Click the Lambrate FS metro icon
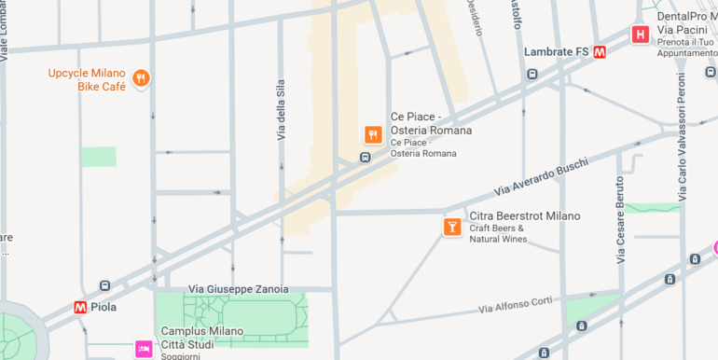click(600, 52)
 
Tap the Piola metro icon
click(81, 307)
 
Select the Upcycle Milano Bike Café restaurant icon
click(141, 78)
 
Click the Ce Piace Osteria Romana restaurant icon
click(373, 134)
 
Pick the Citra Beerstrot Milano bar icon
click(452, 227)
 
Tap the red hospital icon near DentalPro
click(640, 35)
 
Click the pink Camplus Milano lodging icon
click(144, 349)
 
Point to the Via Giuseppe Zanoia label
click(238, 289)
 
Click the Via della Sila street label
click(281, 110)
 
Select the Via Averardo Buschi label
click(541, 176)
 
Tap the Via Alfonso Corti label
click(516, 304)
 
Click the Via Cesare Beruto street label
click(620, 219)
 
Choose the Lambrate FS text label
click(556, 52)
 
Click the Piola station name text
click(104, 307)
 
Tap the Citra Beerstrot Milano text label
click(524, 215)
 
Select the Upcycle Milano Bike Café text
click(87, 79)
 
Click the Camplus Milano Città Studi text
click(201, 338)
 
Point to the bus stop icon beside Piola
click(104, 285)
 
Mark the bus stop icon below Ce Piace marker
click(365, 157)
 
